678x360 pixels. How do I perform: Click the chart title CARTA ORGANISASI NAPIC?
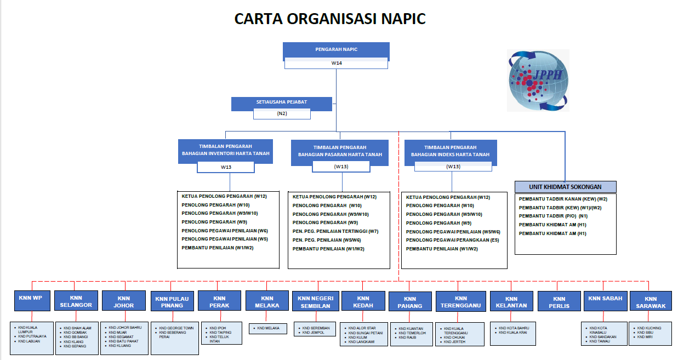point(330,19)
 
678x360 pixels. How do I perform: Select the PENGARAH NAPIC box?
point(336,50)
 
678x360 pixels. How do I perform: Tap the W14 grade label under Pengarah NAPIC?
point(336,63)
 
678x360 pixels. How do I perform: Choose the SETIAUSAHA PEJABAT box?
point(281,102)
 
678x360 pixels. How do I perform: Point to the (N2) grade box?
point(282,114)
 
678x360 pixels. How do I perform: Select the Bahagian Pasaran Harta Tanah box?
point(340,151)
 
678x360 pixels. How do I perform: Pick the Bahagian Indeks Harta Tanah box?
point(450,151)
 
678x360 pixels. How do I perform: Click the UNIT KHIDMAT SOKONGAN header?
point(565,187)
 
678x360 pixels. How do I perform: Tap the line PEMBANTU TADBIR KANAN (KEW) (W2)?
point(563,199)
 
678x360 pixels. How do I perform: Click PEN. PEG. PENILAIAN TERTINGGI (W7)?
point(335,231)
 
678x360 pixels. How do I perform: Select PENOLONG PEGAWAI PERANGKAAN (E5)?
point(452,240)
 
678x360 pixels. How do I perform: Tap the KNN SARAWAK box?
point(651,302)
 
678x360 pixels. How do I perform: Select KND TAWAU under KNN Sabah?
point(599,341)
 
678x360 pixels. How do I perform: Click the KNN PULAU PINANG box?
point(172,302)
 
